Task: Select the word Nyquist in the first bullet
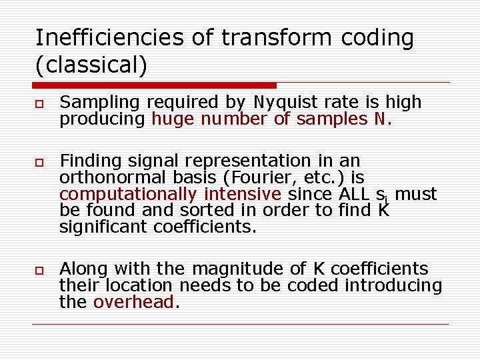(x=285, y=102)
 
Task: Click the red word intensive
(x=243, y=194)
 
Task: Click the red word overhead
(x=133, y=303)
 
